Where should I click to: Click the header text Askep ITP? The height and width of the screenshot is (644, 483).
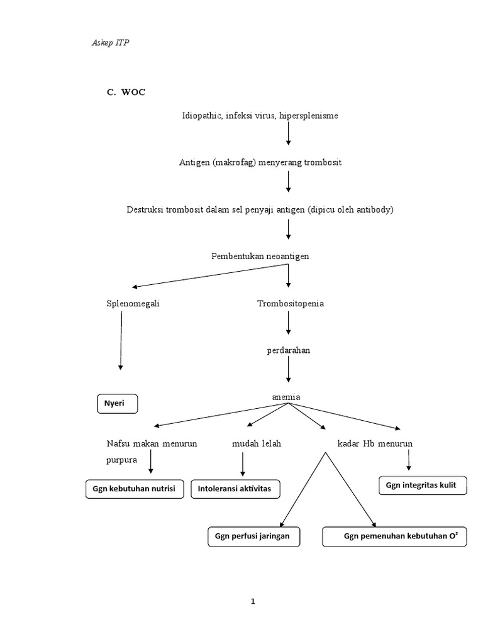tap(110, 43)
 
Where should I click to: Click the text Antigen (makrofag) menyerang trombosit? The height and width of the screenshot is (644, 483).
tap(260, 162)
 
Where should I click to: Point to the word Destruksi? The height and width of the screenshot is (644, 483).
tap(146, 209)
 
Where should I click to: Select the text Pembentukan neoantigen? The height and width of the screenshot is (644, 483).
tap(260, 256)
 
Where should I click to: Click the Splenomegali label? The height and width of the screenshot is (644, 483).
tap(133, 303)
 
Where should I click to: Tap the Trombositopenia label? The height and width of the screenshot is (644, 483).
tap(290, 303)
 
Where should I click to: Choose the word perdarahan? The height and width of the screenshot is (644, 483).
tap(288, 350)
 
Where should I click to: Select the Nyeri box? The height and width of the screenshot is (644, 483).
tap(117, 404)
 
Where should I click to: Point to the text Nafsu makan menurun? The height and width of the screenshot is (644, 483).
tap(152, 443)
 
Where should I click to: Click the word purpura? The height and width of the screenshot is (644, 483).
tap(122, 460)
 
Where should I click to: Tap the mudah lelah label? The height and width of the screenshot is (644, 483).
tap(256, 443)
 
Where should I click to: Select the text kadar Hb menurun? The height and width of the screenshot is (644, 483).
tap(375, 443)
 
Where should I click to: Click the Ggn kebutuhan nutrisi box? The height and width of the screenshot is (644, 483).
tap(135, 489)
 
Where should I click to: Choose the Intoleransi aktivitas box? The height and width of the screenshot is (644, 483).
tap(235, 489)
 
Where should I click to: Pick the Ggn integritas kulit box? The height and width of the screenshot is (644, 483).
tap(423, 485)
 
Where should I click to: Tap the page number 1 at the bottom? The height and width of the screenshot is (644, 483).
tap(253, 601)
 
